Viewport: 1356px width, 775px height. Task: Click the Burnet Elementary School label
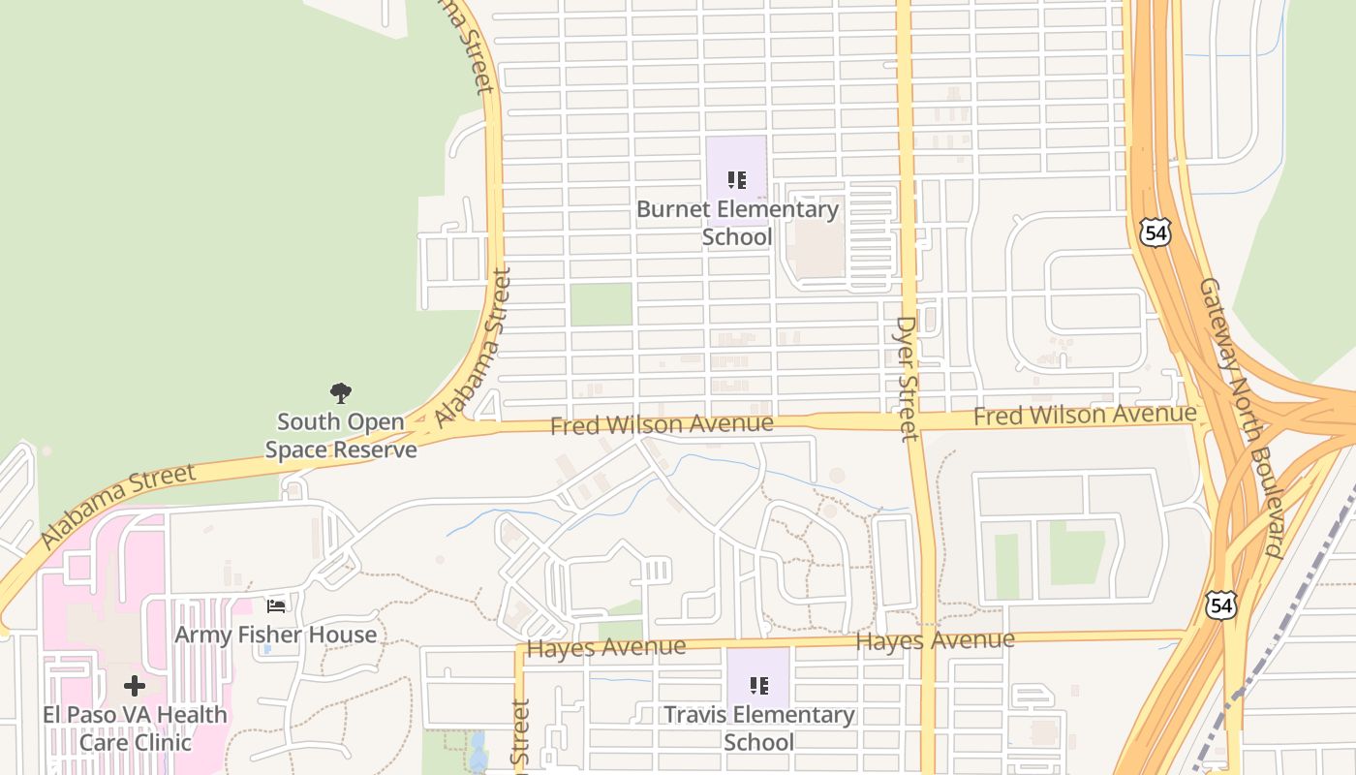[x=737, y=223]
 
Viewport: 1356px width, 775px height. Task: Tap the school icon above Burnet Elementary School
[x=737, y=180]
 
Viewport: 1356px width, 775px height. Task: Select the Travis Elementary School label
[x=758, y=728]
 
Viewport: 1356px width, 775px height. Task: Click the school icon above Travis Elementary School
[x=759, y=686]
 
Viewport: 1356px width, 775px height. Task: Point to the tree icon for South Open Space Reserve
[x=340, y=392]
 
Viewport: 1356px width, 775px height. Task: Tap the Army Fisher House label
[x=275, y=635]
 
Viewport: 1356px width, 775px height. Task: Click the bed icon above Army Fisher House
[x=276, y=606]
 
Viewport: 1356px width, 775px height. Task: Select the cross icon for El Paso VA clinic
[x=135, y=686]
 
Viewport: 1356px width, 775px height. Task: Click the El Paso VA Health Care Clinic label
[x=135, y=728]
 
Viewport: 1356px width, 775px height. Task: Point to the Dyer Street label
[x=907, y=379]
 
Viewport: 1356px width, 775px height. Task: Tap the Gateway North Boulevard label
[x=1241, y=418]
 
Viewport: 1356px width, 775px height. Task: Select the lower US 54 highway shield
[x=1220, y=605]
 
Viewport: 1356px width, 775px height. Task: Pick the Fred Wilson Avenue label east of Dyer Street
[x=1085, y=416]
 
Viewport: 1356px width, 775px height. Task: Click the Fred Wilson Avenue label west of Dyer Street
[x=662, y=424]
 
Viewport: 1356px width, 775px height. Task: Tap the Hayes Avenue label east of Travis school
[x=935, y=640]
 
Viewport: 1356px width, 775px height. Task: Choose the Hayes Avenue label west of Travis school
[x=606, y=647]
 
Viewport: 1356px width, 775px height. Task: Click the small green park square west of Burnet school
[x=601, y=304]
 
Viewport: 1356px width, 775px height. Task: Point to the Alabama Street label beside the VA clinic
[x=117, y=506]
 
